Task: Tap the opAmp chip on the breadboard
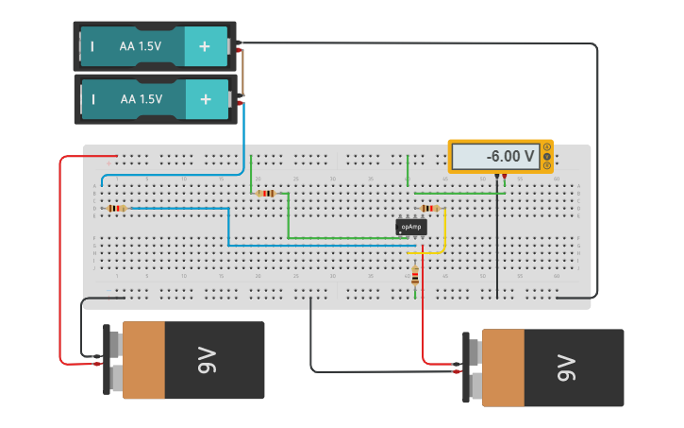click(x=410, y=227)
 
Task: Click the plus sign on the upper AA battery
click(x=205, y=45)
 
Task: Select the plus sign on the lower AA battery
click(x=205, y=98)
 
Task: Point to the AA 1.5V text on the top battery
click(x=141, y=45)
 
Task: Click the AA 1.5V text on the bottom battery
click(x=141, y=98)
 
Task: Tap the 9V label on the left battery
click(x=206, y=360)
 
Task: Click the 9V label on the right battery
click(x=565, y=368)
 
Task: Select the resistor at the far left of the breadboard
click(x=116, y=208)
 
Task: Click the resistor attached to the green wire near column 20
click(x=266, y=194)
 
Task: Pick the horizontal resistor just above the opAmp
click(x=429, y=208)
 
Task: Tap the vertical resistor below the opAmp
click(x=415, y=276)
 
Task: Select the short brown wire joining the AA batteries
click(x=242, y=72)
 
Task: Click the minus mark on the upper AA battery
click(x=92, y=45)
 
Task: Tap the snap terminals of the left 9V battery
click(x=112, y=359)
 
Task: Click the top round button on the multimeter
click(x=546, y=147)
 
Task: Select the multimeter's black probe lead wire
click(x=496, y=236)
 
